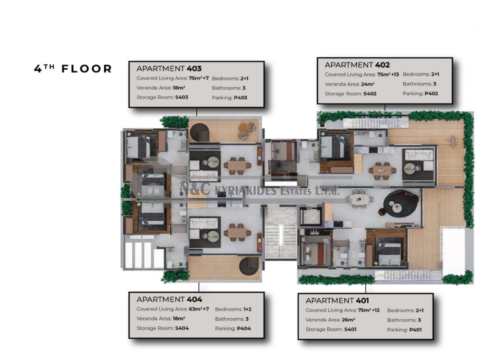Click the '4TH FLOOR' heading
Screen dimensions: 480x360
tap(73, 68)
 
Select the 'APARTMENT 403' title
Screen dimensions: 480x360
tap(169, 68)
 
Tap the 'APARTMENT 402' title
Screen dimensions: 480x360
tap(357, 65)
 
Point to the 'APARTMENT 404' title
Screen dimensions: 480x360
tap(169, 299)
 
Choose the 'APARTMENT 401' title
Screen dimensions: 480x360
tap(337, 300)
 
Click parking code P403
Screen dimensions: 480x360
tap(240, 97)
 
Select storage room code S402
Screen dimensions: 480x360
tap(370, 93)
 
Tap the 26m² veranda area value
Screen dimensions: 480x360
tap(348, 320)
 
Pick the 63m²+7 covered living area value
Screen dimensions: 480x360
tap(198, 309)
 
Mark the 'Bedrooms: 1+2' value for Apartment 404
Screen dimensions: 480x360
tap(233, 309)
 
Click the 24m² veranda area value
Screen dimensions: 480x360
tap(367, 84)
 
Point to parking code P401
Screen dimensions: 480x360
tap(415, 329)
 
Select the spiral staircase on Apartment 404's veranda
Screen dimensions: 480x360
tap(249, 266)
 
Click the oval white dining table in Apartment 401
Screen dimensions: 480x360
tap(359, 199)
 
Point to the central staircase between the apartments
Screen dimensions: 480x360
tap(280, 232)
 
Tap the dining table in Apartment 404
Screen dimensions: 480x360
tap(237, 233)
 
